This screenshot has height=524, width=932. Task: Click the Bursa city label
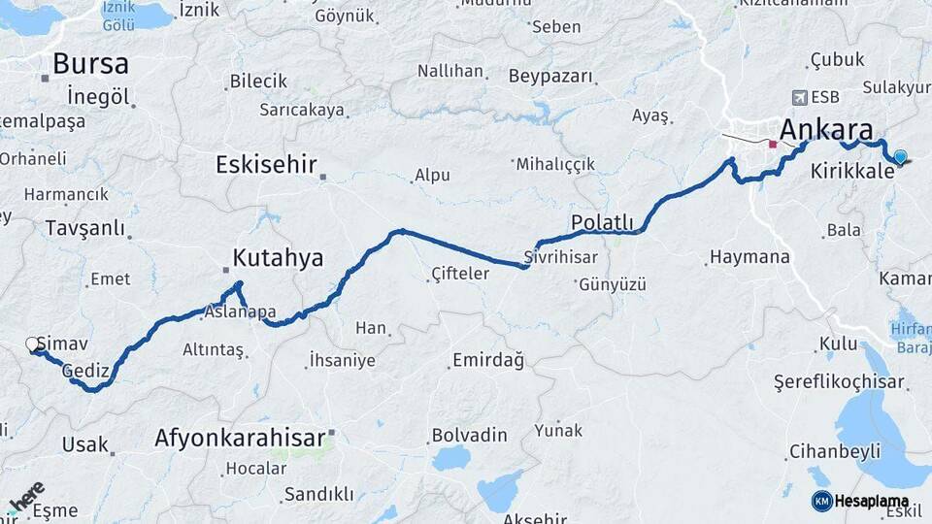click(90, 64)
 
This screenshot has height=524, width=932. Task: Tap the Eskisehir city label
click(266, 164)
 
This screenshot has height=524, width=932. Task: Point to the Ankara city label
click(825, 130)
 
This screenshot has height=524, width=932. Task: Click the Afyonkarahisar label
click(239, 438)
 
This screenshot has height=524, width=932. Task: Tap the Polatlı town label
click(602, 222)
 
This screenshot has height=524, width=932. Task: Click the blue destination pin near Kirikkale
click(900, 157)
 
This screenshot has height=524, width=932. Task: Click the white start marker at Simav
click(32, 344)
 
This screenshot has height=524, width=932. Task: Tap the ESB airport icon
click(799, 97)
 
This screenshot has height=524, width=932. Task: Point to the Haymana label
click(749, 258)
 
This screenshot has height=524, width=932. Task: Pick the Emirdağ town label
click(487, 361)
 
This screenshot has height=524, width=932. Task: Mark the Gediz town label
click(85, 371)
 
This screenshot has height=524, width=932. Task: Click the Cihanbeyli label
click(834, 451)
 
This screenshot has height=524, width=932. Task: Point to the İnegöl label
click(98, 97)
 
